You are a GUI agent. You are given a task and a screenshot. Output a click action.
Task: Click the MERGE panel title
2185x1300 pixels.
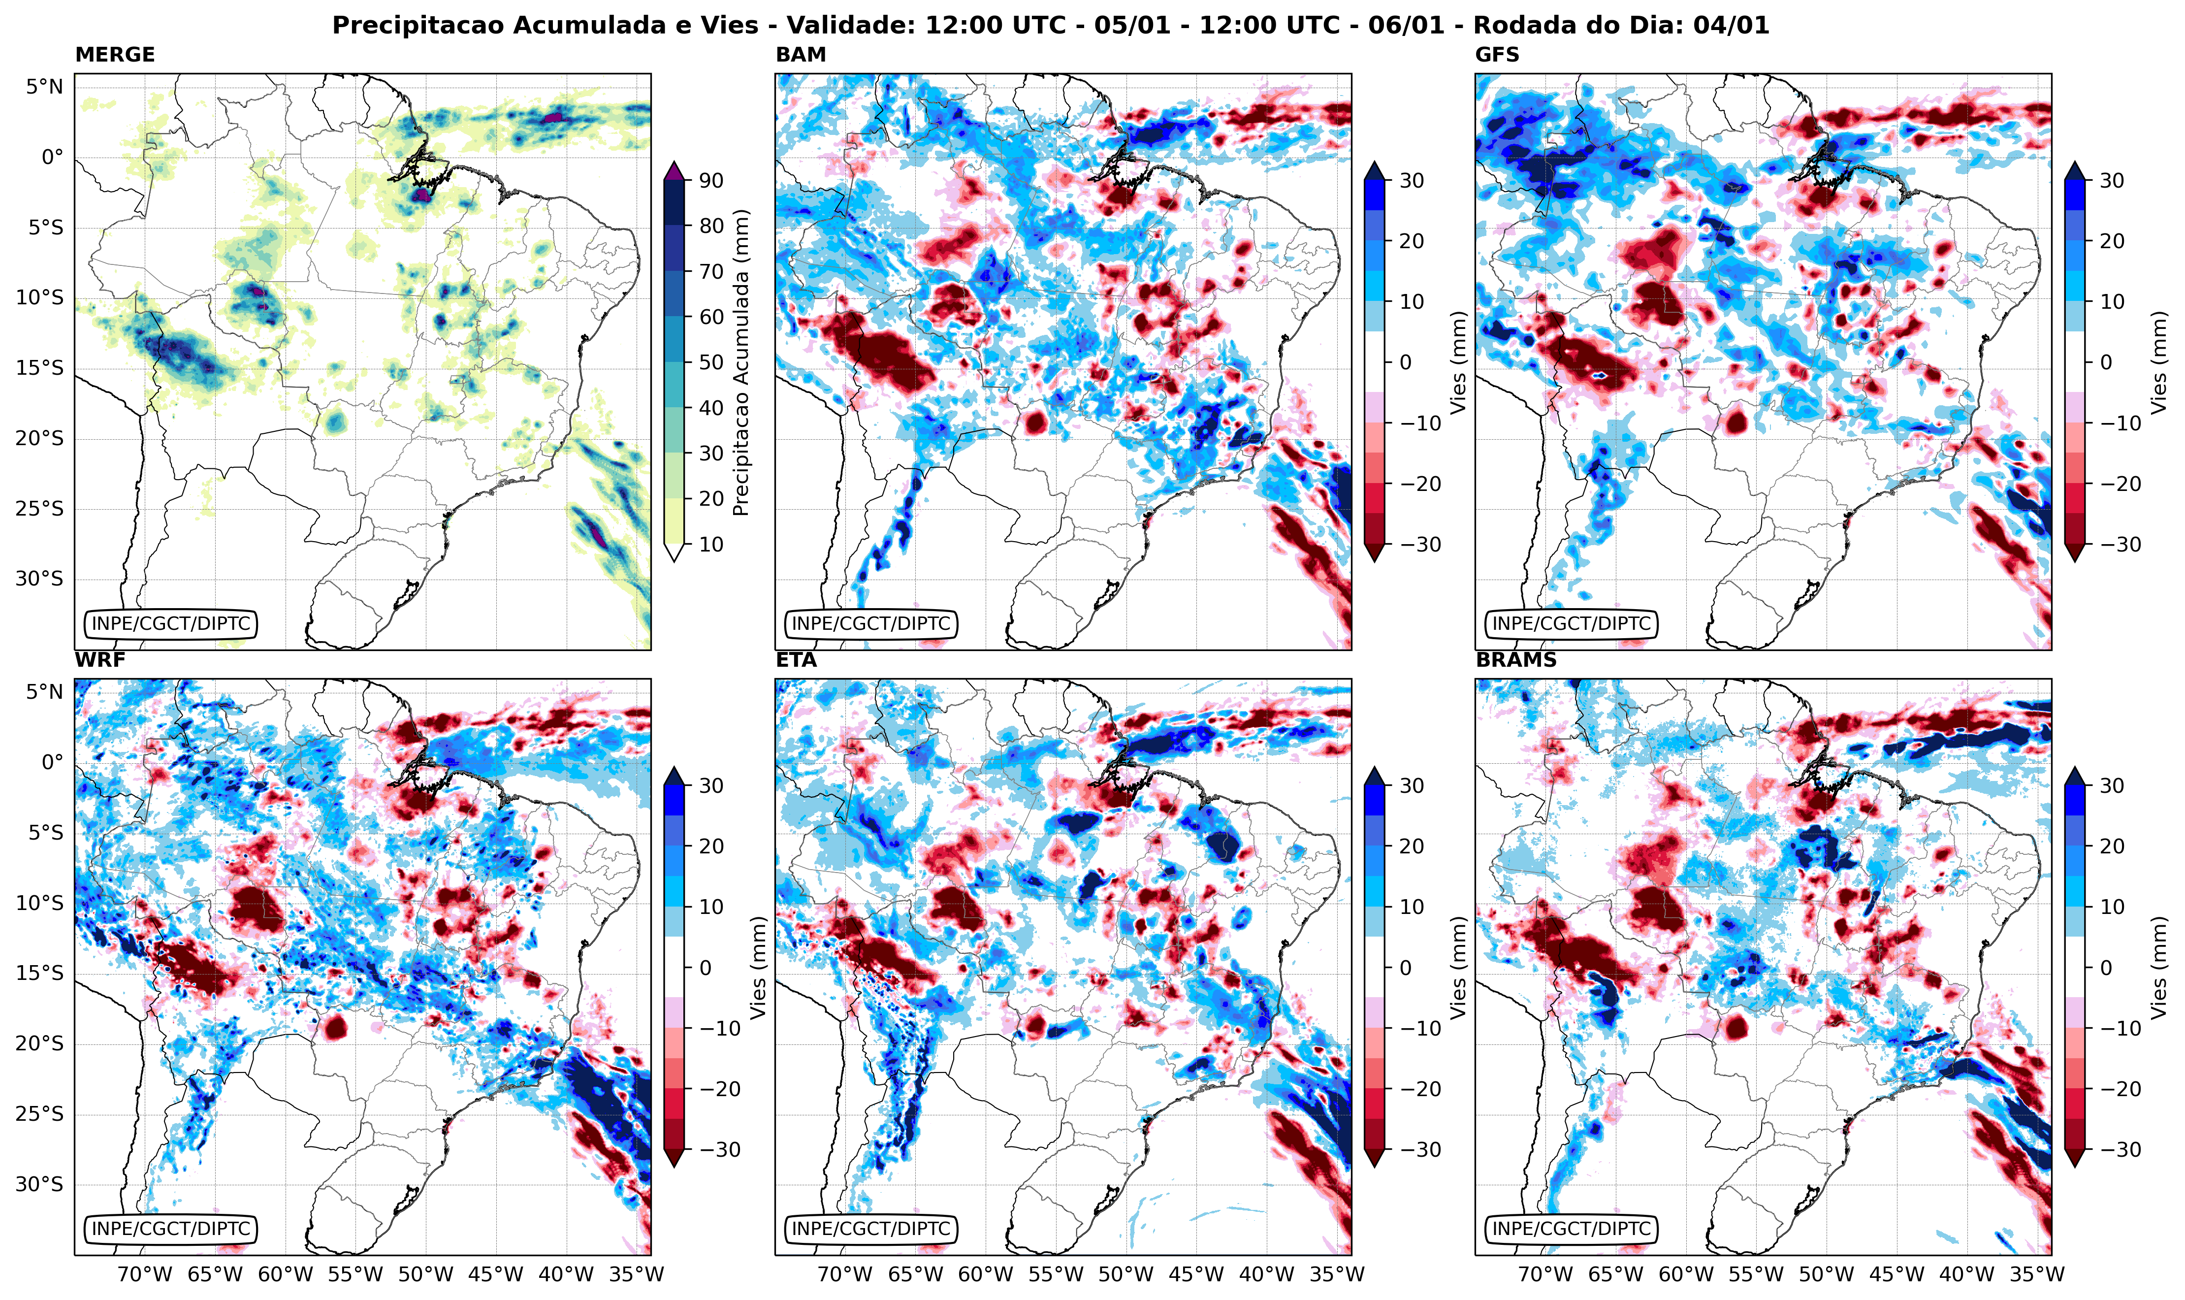[115, 54]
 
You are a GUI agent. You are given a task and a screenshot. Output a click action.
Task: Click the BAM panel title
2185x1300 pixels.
[801, 54]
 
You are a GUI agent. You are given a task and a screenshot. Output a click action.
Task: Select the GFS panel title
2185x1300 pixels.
[1498, 54]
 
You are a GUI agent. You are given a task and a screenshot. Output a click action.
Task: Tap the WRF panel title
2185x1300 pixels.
[100, 660]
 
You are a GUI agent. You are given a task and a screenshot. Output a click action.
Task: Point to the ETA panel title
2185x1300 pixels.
[796, 660]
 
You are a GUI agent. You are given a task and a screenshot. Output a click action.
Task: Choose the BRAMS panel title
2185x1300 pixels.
[1516, 660]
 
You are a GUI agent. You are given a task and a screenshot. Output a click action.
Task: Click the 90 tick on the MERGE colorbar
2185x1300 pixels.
[711, 180]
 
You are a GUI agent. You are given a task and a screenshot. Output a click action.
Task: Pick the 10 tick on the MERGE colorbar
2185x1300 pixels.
[711, 544]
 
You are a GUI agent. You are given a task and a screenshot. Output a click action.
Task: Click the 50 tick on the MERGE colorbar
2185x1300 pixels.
[711, 362]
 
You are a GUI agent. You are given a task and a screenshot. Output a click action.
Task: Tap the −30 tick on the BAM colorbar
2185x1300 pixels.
[1419, 544]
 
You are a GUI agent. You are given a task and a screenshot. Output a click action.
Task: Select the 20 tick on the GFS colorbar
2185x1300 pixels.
[2112, 241]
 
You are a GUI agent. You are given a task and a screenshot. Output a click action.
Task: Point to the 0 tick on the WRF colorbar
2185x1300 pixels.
[706, 968]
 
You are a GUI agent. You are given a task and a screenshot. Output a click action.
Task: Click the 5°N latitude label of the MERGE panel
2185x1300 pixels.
[44, 87]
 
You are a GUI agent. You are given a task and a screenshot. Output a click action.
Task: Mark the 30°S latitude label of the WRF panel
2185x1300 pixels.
[39, 1184]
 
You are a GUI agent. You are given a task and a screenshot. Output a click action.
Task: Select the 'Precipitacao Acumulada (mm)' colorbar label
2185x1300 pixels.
[741, 362]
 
